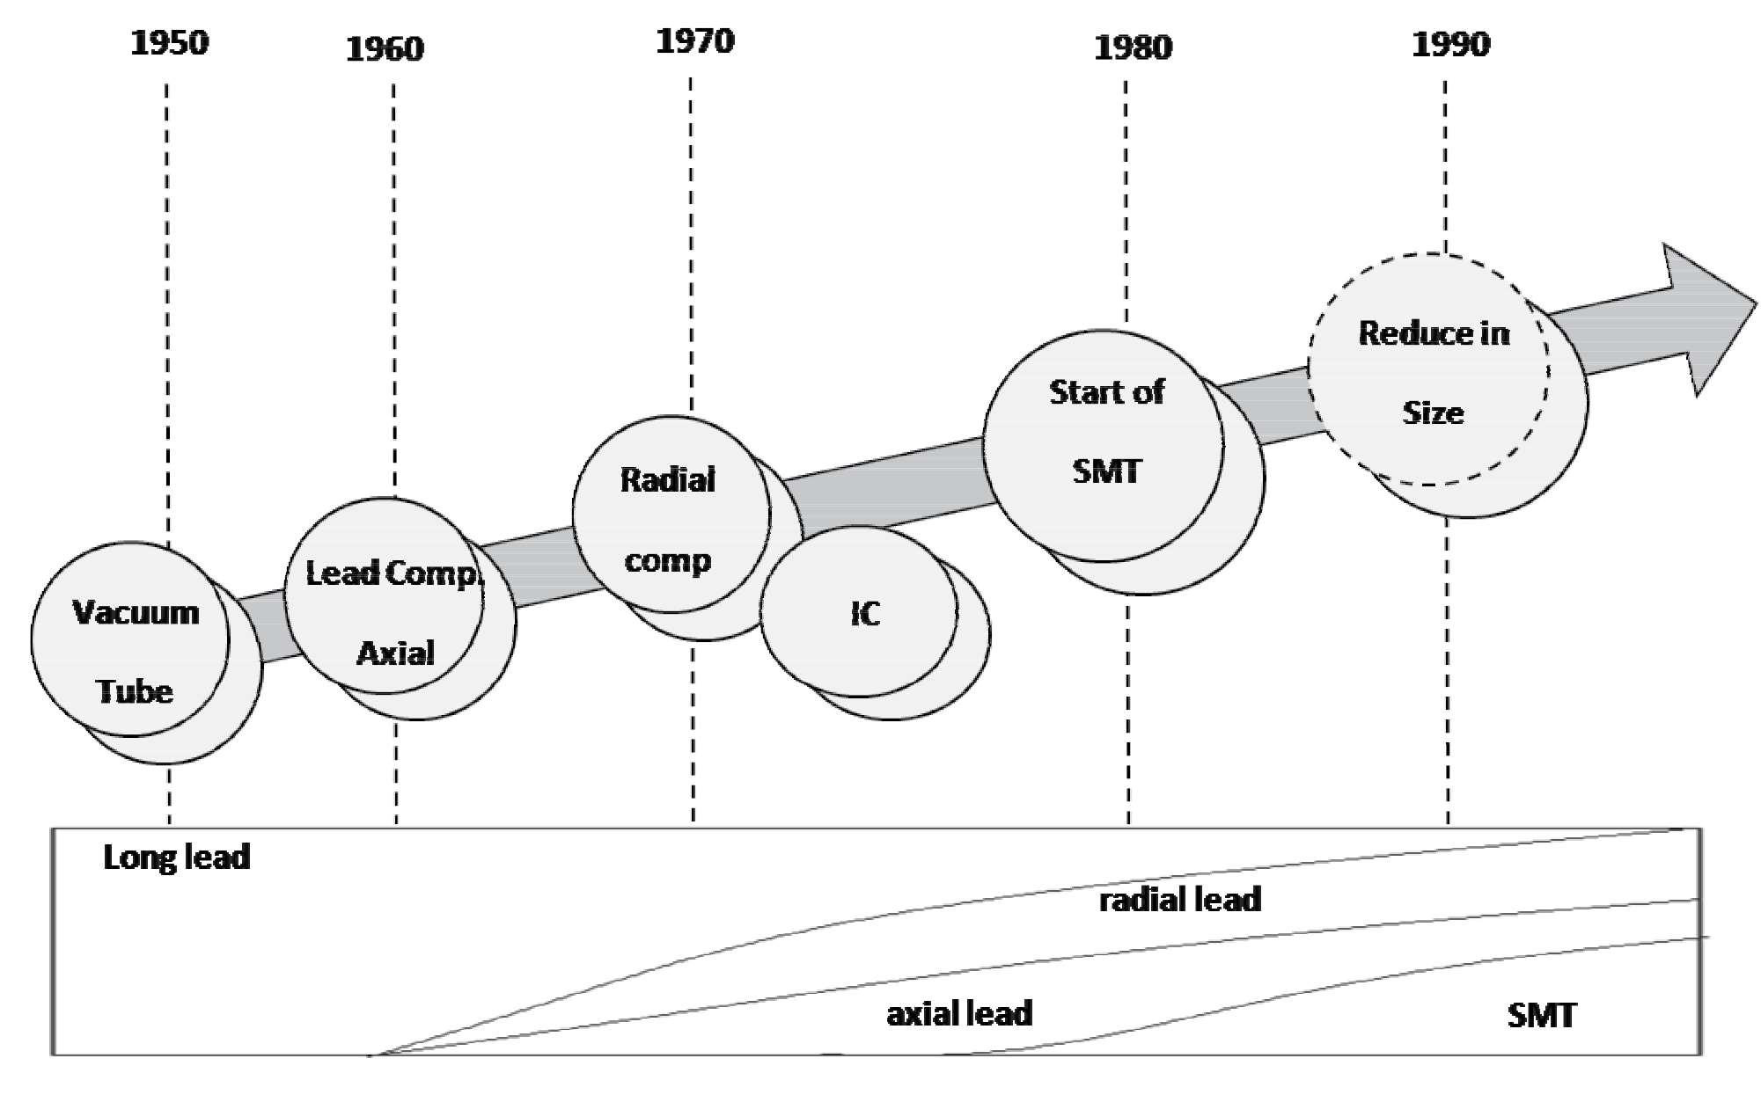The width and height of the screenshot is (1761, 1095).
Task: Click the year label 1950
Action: click(x=170, y=43)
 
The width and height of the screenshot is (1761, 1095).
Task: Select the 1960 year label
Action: click(x=385, y=49)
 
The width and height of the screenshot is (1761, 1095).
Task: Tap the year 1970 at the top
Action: click(x=695, y=41)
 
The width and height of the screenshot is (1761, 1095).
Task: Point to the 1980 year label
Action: click(x=1134, y=47)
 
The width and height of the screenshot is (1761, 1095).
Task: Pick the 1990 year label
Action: click(x=1451, y=45)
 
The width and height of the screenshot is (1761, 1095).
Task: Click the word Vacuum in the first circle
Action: click(x=136, y=612)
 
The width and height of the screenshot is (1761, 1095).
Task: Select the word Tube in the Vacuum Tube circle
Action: click(x=134, y=691)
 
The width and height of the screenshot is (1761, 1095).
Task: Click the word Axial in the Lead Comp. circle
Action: click(x=395, y=653)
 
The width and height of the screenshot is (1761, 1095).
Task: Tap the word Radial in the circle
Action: click(x=668, y=480)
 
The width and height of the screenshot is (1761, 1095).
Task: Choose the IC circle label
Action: click(x=865, y=614)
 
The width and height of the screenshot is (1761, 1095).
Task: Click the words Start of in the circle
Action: click(x=1106, y=392)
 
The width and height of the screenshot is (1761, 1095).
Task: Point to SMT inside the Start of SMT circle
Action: click(x=1106, y=471)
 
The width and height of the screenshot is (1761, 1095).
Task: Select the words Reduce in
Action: click(x=1434, y=333)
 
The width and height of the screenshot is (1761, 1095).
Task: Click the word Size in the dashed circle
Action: click(x=1433, y=412)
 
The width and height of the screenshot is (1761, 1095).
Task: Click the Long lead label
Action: click(x=177, y=858)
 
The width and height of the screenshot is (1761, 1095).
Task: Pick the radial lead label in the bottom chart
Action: click(x=1180, y=900)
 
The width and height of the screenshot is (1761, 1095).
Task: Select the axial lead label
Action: click(x=959, y=1014)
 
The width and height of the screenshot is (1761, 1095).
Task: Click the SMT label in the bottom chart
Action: click(x=1542, y=1016)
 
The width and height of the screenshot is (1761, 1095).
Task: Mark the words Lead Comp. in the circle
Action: click(x=393, y=573)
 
